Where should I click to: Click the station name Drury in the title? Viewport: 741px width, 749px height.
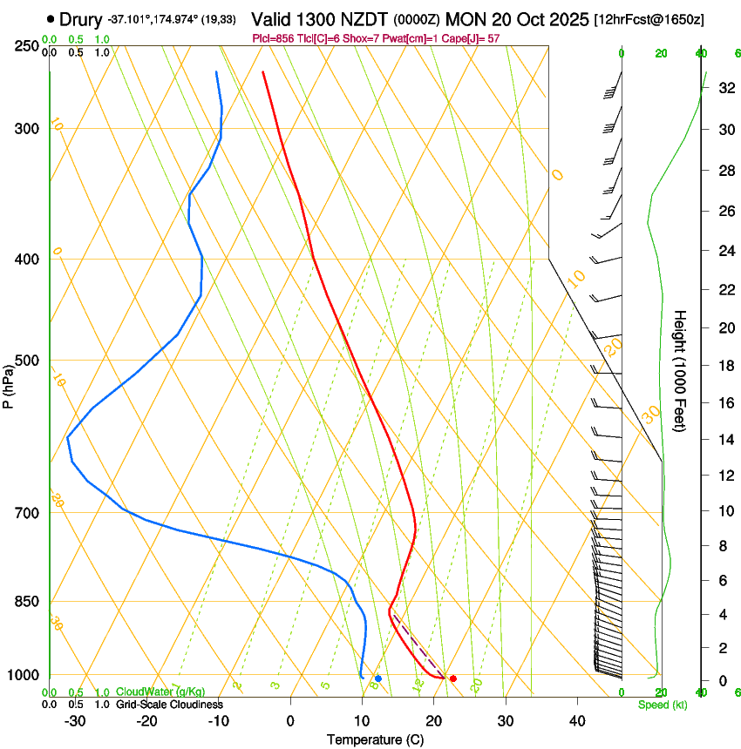pos(81,18)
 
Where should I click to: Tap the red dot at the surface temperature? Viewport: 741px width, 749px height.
pos(452,678)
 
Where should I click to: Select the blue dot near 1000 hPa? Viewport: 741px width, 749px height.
pos(377,678)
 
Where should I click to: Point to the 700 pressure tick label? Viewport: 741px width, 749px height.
pos(29,513)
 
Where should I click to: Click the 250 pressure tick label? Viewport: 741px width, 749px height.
pos(29,46)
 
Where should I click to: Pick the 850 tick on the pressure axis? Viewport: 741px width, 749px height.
pos(29,602)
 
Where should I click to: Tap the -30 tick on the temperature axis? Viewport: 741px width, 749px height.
pos(75,720)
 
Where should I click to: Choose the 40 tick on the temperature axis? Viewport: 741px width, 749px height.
pos(576,720)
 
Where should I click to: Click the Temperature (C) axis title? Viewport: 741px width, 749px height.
pos(375,739)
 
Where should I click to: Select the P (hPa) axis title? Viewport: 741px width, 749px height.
pos(9,383)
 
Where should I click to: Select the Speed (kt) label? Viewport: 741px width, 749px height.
pos(662,705)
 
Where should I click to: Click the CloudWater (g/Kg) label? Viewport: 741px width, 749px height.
pos(160,692)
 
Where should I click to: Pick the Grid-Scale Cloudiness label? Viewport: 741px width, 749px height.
pos(169,704)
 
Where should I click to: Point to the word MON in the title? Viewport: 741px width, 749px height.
pos(463,18)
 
